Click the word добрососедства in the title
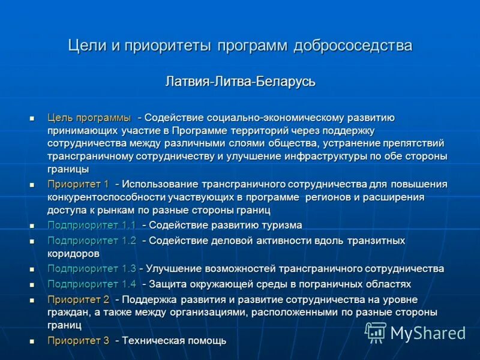coord(353,46)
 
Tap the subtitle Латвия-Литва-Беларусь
coord(240,82)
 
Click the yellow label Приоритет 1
coord(78,184)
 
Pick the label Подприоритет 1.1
coord(92,225)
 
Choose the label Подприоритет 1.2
coord(92,241)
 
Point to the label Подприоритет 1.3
coord(92,268)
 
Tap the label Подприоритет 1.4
coord(92,284)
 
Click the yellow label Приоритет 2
coord(78,299)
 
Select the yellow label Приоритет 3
coord(78,340)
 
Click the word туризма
coord(281,225)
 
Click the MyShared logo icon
coord(376,332)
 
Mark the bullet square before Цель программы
coord(33,118)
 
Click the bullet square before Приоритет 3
coord(33,341)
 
